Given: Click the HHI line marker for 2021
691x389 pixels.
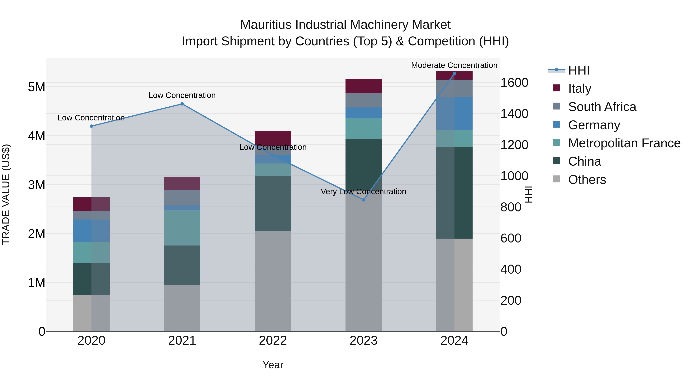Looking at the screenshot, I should (x=182, y=104).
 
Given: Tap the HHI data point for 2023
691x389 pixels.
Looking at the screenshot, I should (x=364, y=200).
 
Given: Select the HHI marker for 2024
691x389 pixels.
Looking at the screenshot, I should (x=454, y=74).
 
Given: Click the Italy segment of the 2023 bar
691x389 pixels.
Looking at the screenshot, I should (x=364, y=86).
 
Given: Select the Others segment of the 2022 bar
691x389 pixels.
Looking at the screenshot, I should (x=273, y=281).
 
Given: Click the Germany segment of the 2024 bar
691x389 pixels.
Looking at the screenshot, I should (x=454, y=114).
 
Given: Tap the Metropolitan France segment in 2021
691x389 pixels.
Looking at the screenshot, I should (x=182, y=228).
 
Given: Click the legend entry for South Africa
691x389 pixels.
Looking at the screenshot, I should (x=602, y=107).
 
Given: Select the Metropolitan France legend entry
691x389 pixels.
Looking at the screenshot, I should (x=624, y=143).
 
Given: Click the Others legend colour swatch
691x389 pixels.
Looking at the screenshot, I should (x=557, y=179).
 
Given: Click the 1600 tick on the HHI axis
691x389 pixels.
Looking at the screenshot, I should (x=514, y=83).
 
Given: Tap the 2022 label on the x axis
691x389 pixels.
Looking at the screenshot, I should (x=273, y=341).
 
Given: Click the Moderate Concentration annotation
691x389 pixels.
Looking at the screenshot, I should (x=454, y=65).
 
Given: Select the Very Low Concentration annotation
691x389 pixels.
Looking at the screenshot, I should (x=364, y=191).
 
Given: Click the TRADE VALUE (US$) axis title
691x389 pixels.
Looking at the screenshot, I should (x=6, y=194).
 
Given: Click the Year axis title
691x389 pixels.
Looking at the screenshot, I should (x=273, y=365).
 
